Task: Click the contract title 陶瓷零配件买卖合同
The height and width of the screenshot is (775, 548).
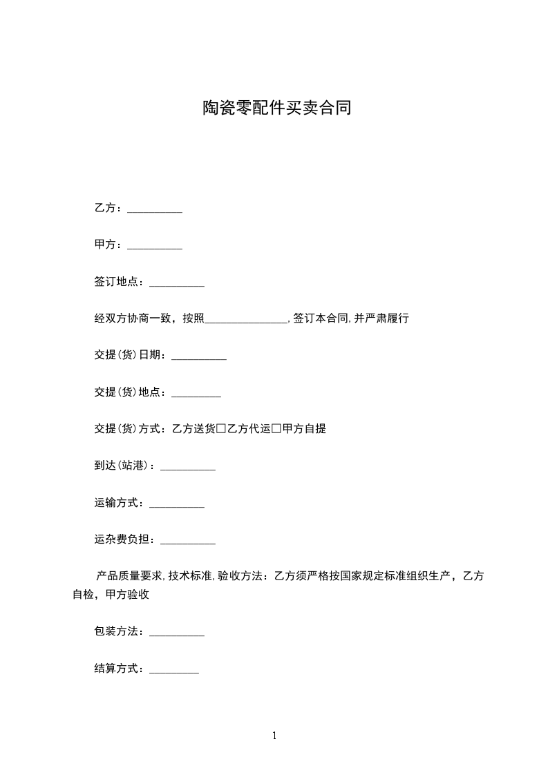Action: (276, 108)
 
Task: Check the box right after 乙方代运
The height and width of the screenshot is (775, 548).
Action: (276, 429)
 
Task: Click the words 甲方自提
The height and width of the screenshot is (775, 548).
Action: (304, 429)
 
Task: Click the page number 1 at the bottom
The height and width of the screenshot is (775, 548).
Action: (274, 736)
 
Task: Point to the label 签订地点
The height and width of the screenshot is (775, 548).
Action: (116, 282)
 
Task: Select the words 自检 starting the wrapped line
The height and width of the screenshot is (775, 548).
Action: (84, 594)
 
